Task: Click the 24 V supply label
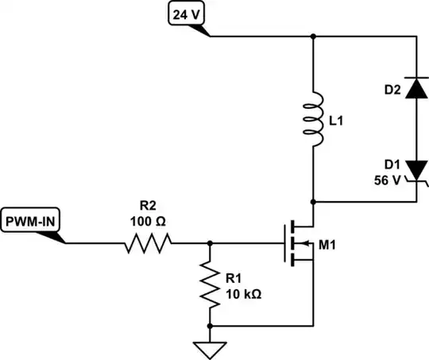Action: pos(187,13)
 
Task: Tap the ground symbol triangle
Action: pos(211,348)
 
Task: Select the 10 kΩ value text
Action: pos(243,292)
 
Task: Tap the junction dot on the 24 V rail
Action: pos(315,36)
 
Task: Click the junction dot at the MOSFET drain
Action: pos(315,201)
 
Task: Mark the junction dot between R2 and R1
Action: pos(211,242)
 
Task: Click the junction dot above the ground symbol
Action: pos(211,326)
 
